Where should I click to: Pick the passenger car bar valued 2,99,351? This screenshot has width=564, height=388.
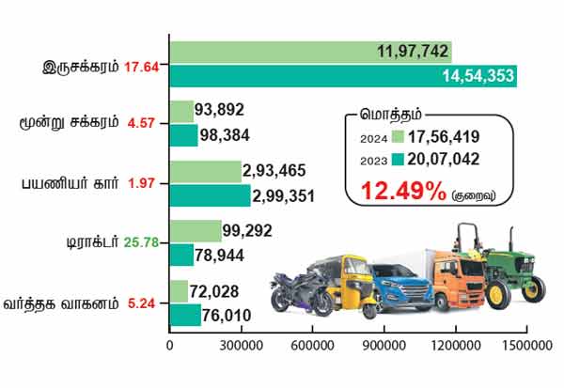tap(210, 195)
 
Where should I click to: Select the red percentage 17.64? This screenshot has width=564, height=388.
tap(144, 67)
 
